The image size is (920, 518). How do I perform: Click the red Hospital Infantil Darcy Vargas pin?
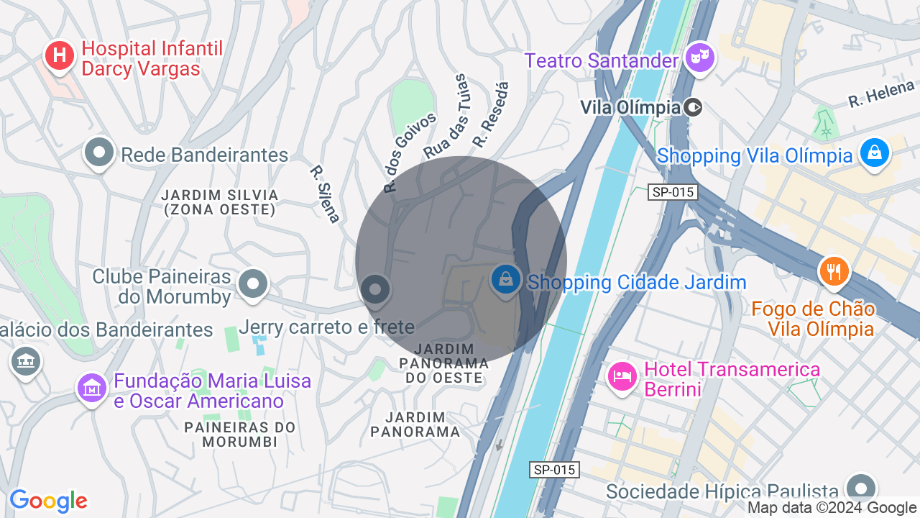[x=60, y=55]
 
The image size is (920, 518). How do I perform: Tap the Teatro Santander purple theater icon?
[x=699, y=56]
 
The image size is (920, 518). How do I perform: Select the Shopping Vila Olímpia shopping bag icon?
[x=875, y=153]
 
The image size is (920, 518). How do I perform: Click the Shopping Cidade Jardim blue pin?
[x=506, y=279]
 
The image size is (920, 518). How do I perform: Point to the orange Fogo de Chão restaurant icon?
[x=834, y=271]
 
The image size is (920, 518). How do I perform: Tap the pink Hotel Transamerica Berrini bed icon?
[x=622, y=376]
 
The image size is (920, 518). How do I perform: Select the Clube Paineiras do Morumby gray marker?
[x=252, y=284]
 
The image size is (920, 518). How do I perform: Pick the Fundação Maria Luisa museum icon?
[x=92, y=388]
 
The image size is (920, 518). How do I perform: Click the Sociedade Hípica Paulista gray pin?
[x=861, y=487]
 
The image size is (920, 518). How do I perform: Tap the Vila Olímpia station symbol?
[x=693, y=108]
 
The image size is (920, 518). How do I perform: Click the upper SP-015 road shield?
[x=673, y=192]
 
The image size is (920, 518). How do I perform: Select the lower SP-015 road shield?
[x=555, y=470]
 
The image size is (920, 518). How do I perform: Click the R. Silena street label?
[x=324, y=194]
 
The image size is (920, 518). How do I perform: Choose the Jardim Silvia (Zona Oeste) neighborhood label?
[x=219, y=202]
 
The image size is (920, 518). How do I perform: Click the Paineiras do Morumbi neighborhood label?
[x=240, y=434]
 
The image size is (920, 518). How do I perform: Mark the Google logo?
[x=48, y=501]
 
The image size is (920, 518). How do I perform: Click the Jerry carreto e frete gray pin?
[x=374, y=290]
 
